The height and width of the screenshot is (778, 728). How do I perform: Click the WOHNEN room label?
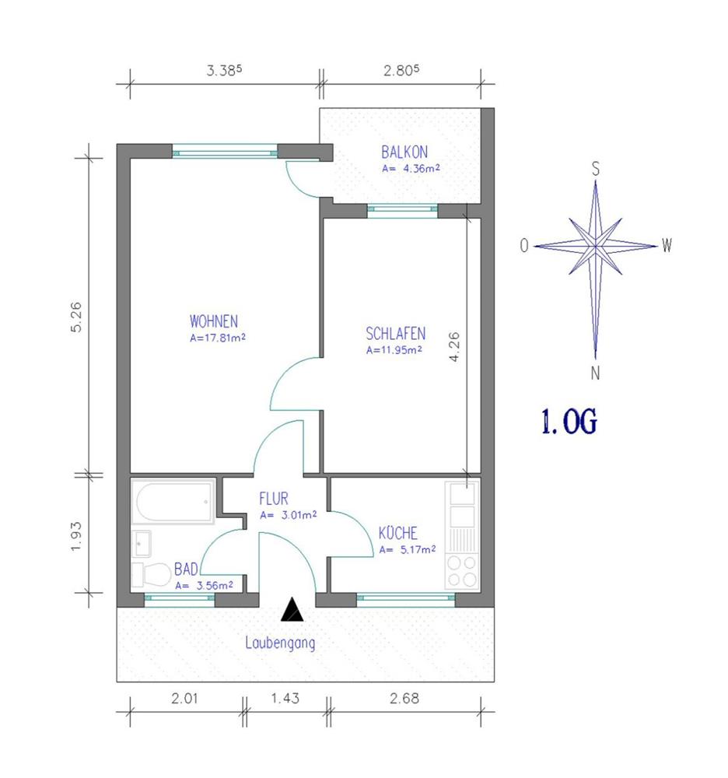pos(214,321)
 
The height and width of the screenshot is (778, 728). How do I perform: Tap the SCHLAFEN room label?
pos(396,334)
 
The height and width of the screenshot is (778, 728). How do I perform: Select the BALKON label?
pos(404,152)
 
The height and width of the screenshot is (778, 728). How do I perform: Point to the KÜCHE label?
pos(397,533)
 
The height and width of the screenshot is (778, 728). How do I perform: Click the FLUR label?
pos(273,498)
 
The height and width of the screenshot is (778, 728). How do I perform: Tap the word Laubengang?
pos(280,643)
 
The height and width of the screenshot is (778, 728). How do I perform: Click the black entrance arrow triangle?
pos(292,609)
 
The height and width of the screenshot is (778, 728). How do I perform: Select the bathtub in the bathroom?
pos(173,502)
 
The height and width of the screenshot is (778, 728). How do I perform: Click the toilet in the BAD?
pos(151,575)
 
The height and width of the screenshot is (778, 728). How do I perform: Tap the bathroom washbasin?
pos(142,543)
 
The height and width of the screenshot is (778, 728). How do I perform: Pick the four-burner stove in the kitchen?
pos(462,572)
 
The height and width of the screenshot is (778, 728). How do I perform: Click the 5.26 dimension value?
pos(76,317)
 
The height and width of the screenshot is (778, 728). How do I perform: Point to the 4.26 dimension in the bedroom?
pos(453,347)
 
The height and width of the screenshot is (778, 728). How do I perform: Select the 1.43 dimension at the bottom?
pos(285,698)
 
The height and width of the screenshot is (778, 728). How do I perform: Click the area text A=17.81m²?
pos(218,338)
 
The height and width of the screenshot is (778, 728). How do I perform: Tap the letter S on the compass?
pos(596,169)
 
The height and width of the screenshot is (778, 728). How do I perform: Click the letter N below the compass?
pos(595,373)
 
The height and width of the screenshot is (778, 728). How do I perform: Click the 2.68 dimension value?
pos(404,698)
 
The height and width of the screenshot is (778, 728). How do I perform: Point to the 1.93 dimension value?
pos(76,536)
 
